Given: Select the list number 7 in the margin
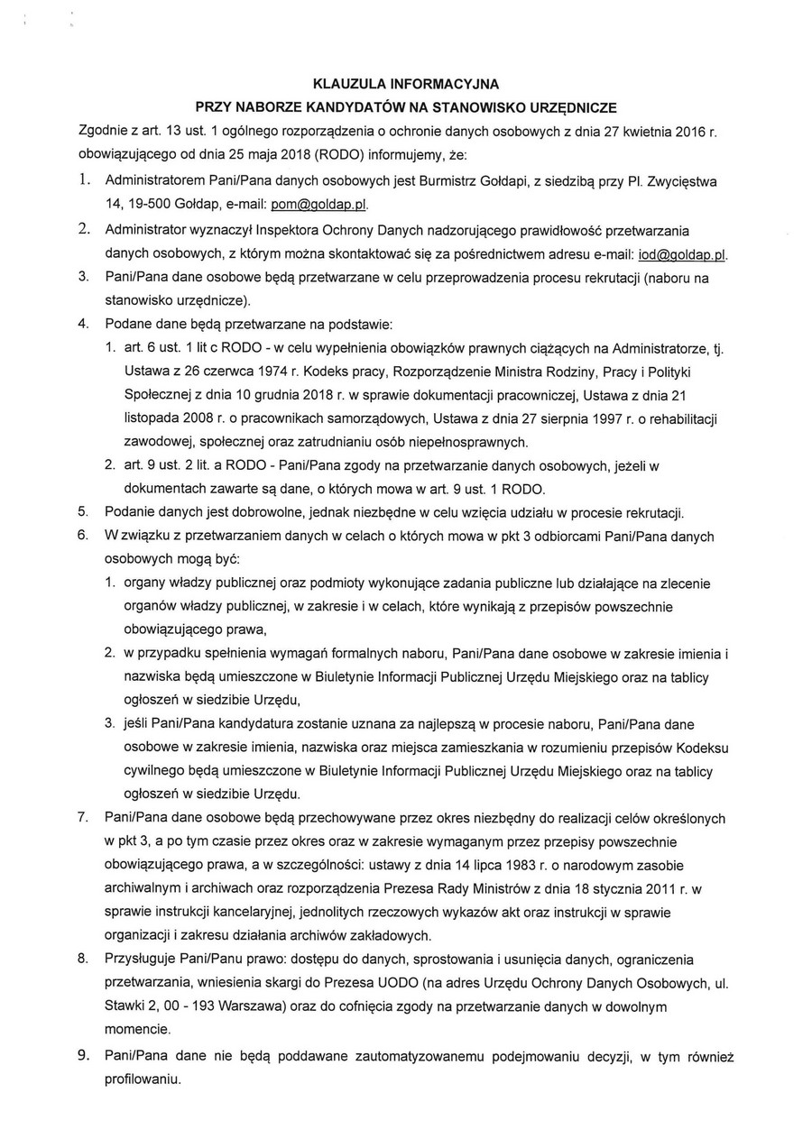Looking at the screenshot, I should coord(82,818).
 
